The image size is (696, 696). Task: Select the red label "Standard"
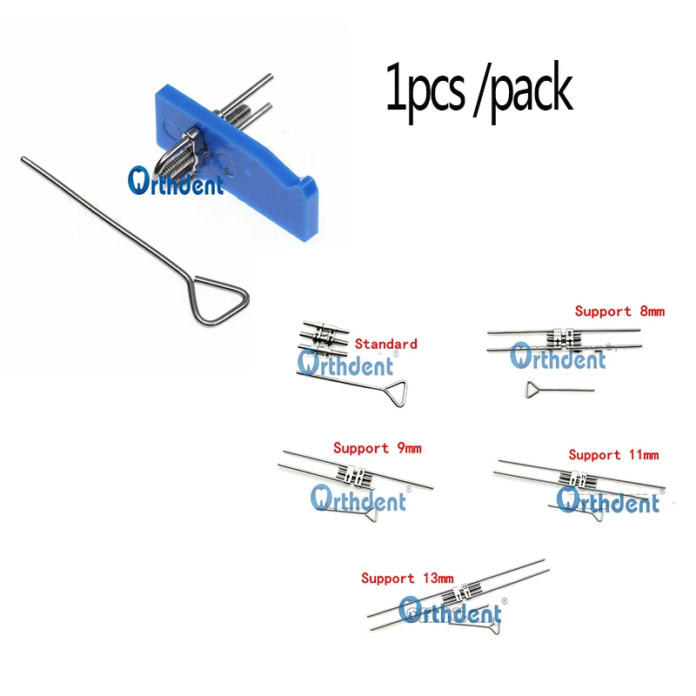386,344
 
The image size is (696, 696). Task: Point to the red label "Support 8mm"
619,310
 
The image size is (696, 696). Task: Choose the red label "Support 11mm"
613,454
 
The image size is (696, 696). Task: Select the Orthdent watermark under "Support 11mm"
608,501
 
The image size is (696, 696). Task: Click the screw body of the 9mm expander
355,475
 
